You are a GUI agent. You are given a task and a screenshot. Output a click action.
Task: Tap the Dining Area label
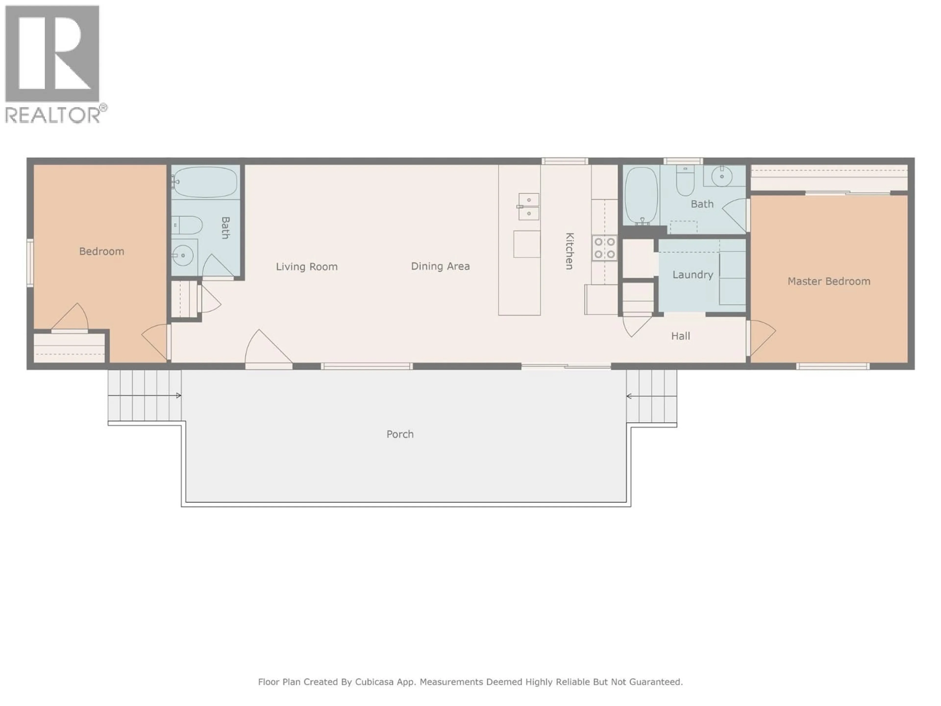pos(440,266)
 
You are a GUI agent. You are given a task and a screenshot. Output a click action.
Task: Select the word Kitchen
pos(569,251)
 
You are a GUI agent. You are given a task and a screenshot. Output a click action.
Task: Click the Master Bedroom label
pos(829,281)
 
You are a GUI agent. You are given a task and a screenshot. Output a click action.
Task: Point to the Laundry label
pos(693,275)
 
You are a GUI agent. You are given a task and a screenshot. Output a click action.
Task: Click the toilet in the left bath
pos(187,225)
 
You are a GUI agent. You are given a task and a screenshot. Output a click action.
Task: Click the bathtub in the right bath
pos(642,195)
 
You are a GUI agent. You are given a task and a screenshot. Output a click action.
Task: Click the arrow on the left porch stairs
pos(178,395)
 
